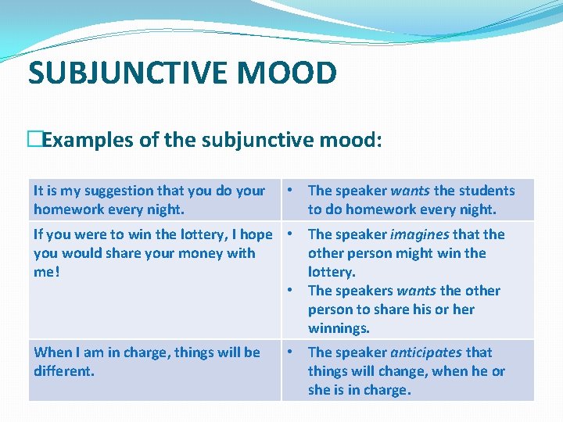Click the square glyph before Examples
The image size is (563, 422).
point(34,141)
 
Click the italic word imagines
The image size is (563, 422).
point(420,234)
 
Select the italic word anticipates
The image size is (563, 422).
point(425,352)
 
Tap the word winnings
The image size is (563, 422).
point(339,328)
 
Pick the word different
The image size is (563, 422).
point(64,371)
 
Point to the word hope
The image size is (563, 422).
point(256,234)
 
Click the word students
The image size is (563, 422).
point(486,191)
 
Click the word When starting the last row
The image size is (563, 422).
point(52,352)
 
